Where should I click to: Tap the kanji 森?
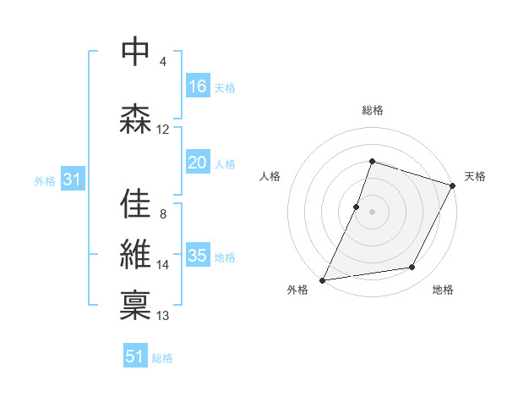tap(135, 119)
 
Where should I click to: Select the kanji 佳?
tap(135, 203)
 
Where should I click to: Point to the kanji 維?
tap(135, 254)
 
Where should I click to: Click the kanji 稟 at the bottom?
tap(135, 303)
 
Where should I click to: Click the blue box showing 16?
tap(197, 86)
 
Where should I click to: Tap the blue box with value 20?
tap(197, 163)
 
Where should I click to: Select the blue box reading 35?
tap(197, 256)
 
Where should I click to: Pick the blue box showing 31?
tap(71, 180)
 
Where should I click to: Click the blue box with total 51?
tap(134, 357)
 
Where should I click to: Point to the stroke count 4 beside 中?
tap(163, 62)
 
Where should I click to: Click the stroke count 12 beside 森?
tap(163, 130)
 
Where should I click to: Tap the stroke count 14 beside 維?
tap(163, 265)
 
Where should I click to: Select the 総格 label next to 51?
tap(162, 358)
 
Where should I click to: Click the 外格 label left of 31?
tap(45, 180)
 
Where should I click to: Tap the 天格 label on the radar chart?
tap(475, 176)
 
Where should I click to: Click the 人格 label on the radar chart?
tap(270, 176)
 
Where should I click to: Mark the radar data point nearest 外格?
tap(322, 279)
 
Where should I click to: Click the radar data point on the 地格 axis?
tap(412, 268)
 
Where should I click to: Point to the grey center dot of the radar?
tap(372, 212)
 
